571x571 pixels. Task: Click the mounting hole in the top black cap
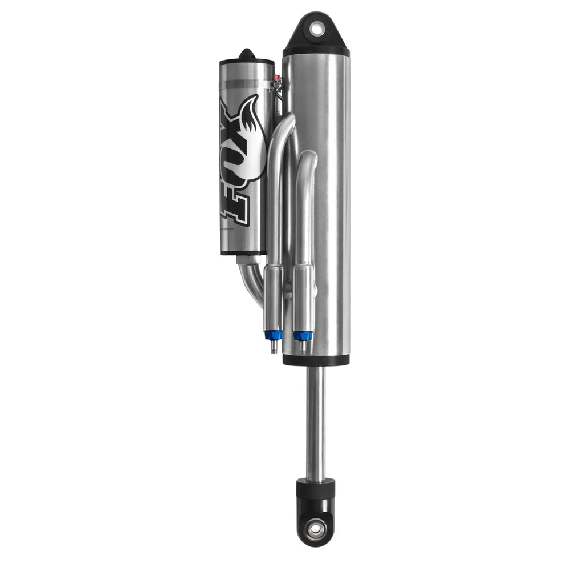click(316, 29)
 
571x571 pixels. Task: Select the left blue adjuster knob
click(273, 334)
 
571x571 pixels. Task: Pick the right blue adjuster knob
click(301, 335)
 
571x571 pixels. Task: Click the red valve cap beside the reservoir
click(276, 77)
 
